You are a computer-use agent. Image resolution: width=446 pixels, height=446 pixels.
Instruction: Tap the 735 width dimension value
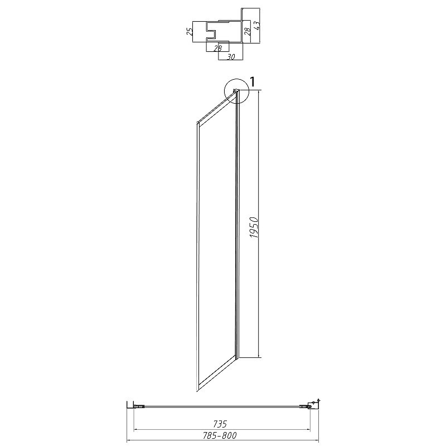220,424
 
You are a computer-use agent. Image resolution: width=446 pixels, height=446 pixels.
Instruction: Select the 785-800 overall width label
220,435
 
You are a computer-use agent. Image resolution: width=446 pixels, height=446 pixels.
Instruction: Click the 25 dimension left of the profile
189,31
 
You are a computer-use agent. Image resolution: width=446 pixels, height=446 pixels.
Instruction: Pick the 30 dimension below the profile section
231,57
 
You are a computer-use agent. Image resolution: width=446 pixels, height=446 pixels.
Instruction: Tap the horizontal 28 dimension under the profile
217,49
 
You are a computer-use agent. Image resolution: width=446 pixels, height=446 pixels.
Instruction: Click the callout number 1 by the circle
252,82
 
